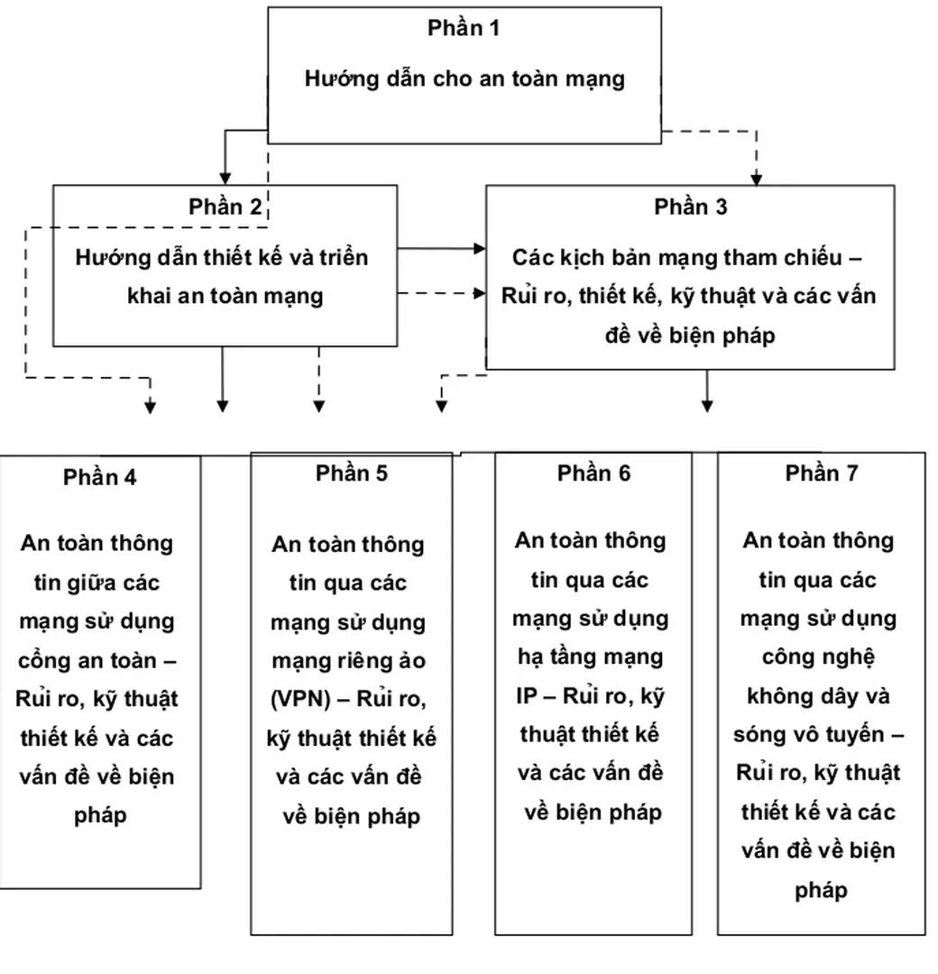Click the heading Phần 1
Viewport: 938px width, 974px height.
(464, 28)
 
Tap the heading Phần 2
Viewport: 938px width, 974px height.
(225, 207)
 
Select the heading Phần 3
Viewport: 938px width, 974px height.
(691, 207)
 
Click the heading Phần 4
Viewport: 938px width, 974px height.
(100, 477)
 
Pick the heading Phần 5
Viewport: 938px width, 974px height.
(352, 473)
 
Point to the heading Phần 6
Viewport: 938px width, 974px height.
(593, 473)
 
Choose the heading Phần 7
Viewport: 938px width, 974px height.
(821, 473)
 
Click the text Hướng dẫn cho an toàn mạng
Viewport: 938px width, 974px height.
(464, 78)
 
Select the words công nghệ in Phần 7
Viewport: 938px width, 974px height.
(818, 657)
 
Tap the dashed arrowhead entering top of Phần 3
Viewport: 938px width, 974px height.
(756, 179)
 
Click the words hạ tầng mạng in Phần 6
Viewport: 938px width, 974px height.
(592, 657)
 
